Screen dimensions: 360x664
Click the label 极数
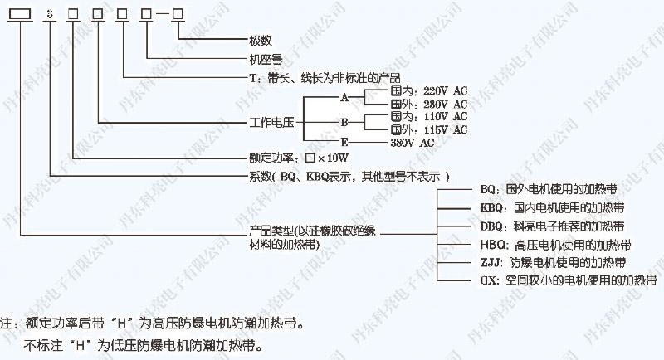[260, 41]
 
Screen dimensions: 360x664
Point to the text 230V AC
[446, 105]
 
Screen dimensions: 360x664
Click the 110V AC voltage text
[446, 117]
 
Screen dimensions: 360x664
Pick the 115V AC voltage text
[446, 130]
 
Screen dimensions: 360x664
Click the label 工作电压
[271, 123]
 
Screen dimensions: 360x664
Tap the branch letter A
[344, 98]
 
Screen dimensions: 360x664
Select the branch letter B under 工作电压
[344, 124]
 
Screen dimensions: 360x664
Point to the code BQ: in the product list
[490, 188]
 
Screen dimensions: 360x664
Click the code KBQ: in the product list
[493, 207]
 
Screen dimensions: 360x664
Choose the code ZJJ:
[491, 263]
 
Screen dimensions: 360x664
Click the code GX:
[490, 282]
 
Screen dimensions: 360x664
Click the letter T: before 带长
[254, 79]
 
